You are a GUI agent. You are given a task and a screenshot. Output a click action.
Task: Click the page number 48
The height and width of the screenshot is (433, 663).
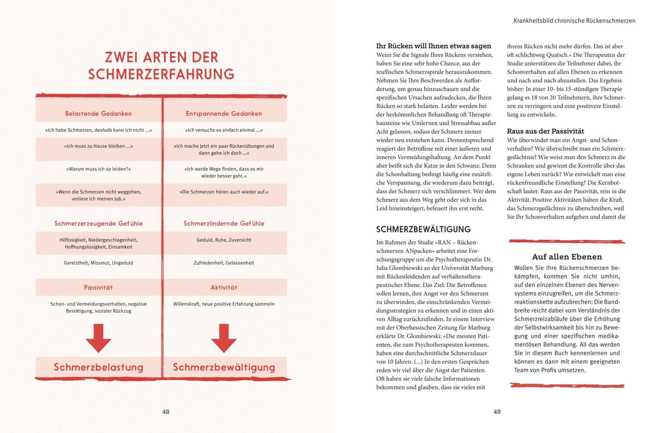tap(166, 412)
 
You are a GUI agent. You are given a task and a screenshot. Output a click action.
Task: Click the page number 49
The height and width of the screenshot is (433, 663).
tap(497, 412)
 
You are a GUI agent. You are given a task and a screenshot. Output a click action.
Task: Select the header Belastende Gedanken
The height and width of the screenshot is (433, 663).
tap(98, 113)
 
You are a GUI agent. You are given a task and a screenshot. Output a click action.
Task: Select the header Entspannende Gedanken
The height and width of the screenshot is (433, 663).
tap(224, 113)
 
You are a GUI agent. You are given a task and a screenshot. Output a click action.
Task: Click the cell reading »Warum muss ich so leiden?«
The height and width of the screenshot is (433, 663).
tap(98, 169)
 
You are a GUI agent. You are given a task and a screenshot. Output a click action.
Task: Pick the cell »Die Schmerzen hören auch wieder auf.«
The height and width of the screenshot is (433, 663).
tap(224, 192)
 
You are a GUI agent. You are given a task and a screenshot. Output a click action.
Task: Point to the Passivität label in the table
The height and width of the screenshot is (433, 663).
tap(98, 288)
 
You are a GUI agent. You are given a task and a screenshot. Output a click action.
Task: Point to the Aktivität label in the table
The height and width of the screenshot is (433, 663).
tap(224, 288)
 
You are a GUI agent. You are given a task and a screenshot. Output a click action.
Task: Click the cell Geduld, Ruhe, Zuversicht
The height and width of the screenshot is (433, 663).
tap(224, 240)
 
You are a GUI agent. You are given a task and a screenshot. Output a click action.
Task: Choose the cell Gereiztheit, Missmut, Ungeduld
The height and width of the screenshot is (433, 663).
tap(98, 263)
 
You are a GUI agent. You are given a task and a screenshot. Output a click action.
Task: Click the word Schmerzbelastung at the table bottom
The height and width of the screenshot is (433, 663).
tap(98, 367)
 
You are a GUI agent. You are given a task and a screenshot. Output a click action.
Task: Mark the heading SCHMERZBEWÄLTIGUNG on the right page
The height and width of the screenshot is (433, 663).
tap(423, 229)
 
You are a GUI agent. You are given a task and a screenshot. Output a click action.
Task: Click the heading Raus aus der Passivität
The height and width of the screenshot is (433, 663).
tap(545, 131)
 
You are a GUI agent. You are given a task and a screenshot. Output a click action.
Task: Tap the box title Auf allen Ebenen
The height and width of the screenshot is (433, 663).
tap(567, 257)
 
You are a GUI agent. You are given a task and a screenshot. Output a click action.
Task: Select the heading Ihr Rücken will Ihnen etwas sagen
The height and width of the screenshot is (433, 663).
tap(434, 46)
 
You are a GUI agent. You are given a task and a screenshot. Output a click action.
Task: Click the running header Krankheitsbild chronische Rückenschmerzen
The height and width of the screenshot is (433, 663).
tap(574, 20)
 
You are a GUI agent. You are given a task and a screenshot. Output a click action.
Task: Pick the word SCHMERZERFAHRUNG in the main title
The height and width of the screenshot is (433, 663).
tap(161, 74)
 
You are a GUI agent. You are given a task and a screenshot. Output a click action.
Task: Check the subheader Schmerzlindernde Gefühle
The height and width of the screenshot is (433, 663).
tap(224, 223)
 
